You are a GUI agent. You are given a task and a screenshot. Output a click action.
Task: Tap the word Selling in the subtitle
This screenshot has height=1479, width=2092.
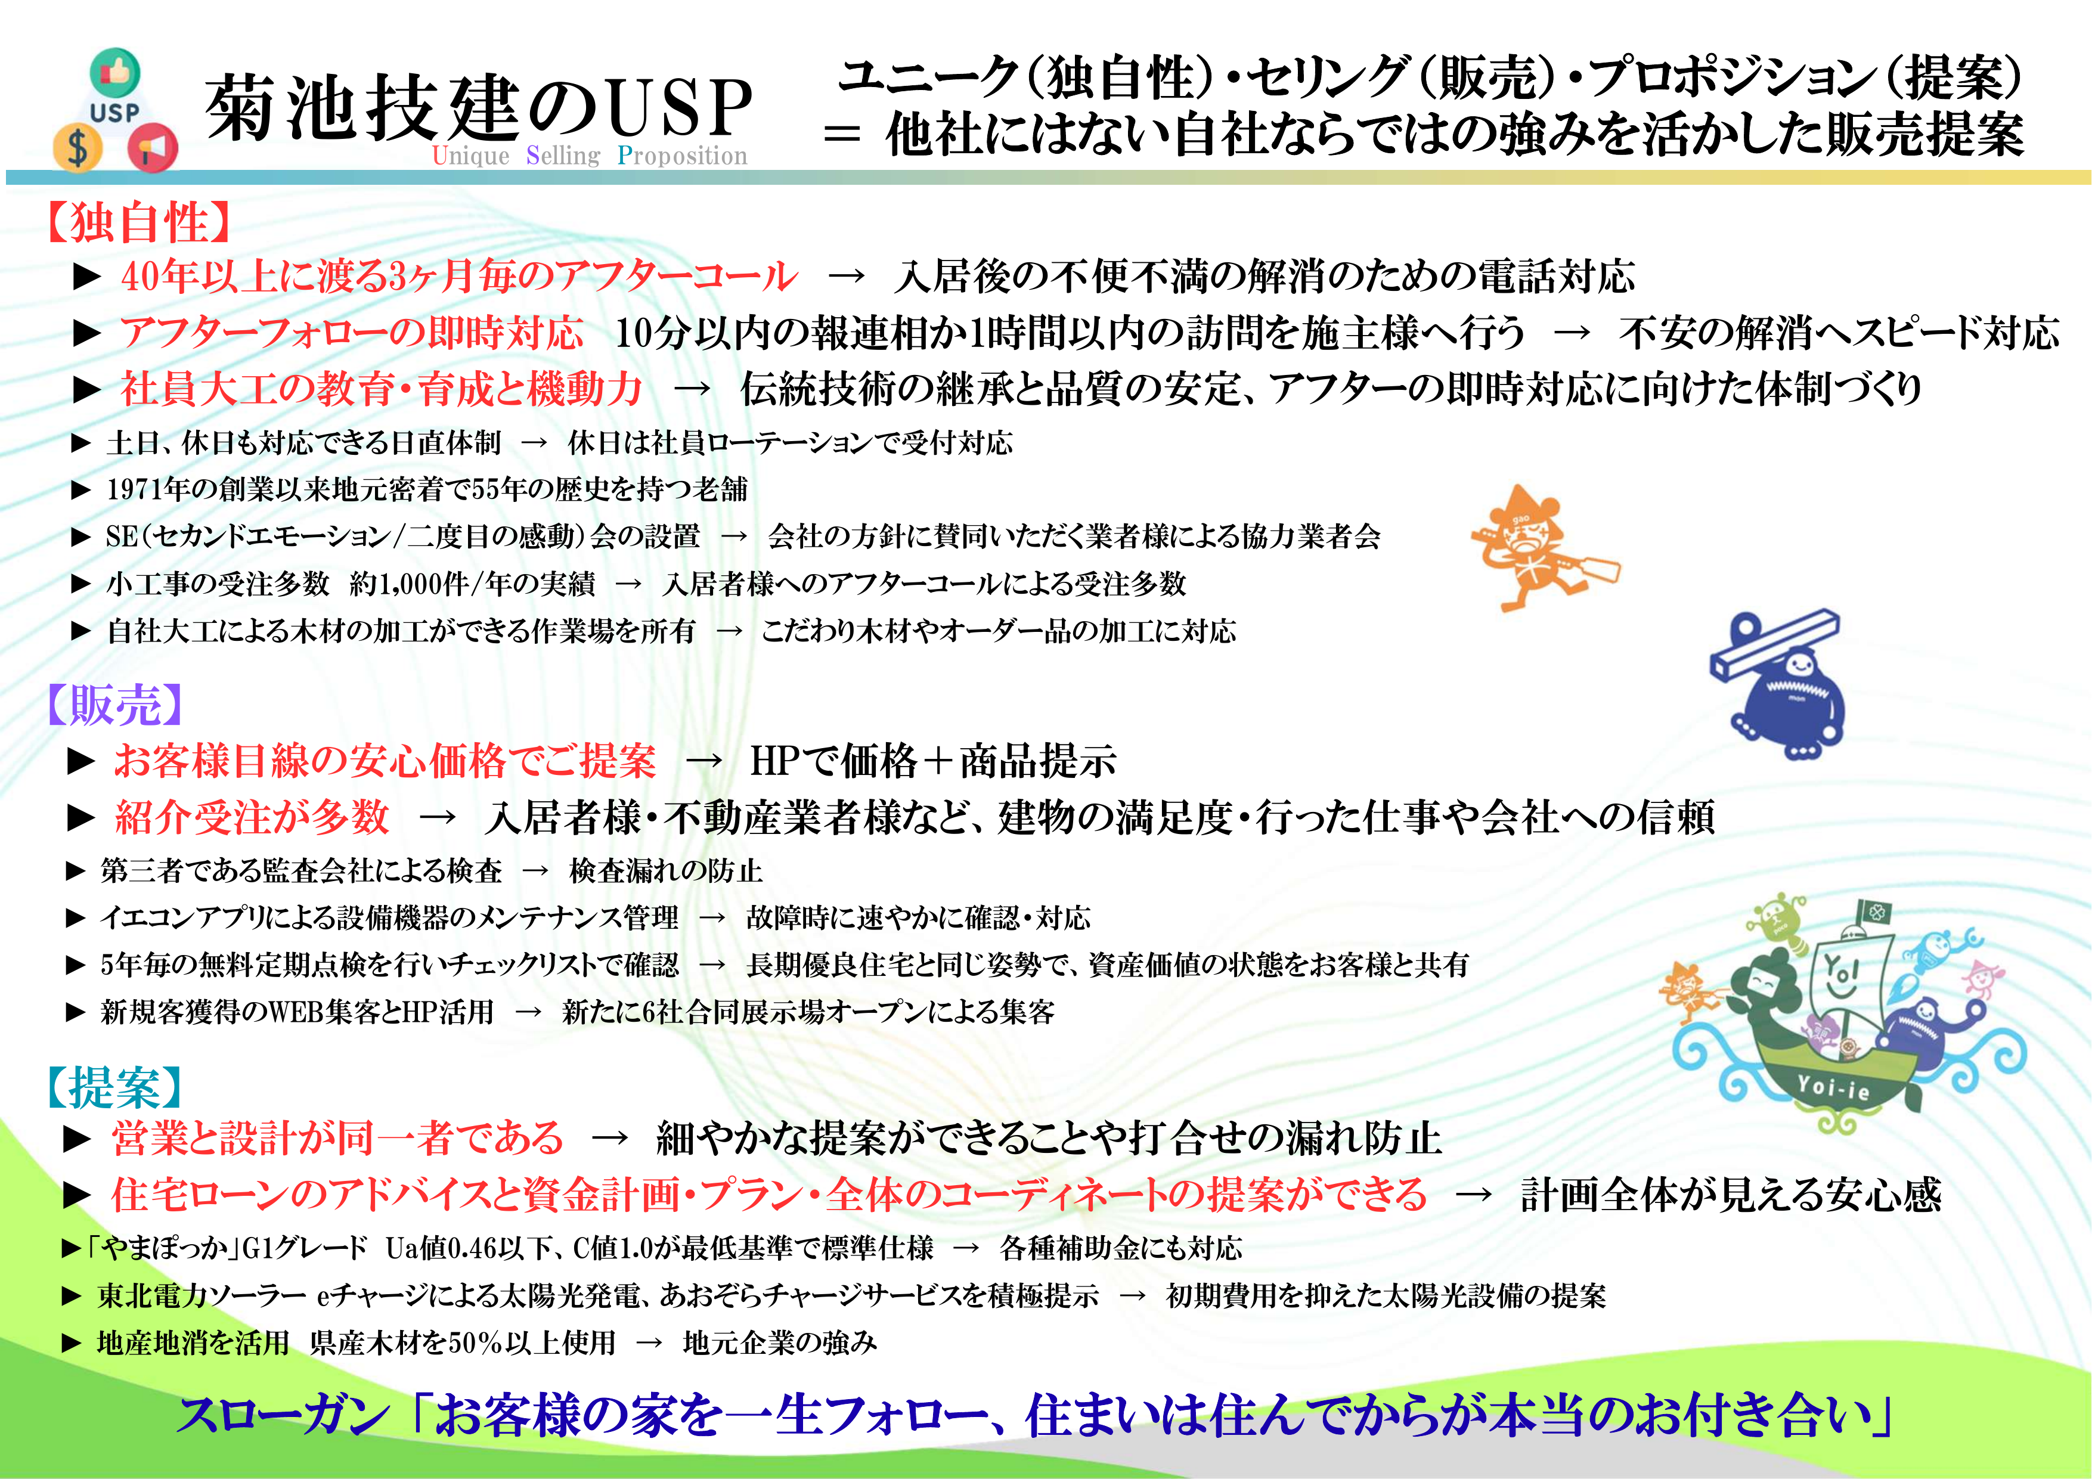tap(563, 155)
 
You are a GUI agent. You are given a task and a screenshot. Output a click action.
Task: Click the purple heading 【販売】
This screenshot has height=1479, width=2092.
tap(115, 705)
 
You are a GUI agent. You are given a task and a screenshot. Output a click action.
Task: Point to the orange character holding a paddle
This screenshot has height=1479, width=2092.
tap(1541, 547)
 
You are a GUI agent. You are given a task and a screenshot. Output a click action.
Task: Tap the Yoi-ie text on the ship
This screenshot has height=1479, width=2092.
tap(1833, 1087)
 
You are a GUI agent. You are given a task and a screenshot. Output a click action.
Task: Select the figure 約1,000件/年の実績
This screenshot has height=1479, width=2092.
tap(472, 583)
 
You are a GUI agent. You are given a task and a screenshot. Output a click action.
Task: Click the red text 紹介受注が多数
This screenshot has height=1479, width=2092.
tap(252, 817)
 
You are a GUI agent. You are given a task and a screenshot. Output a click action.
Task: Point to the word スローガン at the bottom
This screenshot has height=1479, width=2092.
tap(283, 1415)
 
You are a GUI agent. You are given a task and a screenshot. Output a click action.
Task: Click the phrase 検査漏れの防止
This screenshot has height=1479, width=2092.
tap(665, 870)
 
